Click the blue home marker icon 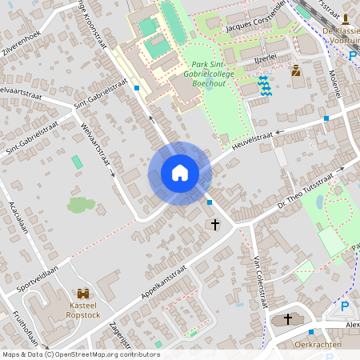click(x=179, y=173)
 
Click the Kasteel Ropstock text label click(x=83, y=310)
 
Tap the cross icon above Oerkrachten click(x=288, y=319)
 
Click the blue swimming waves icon click(x=265, y=84)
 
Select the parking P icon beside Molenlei click(x=354, y=55)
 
